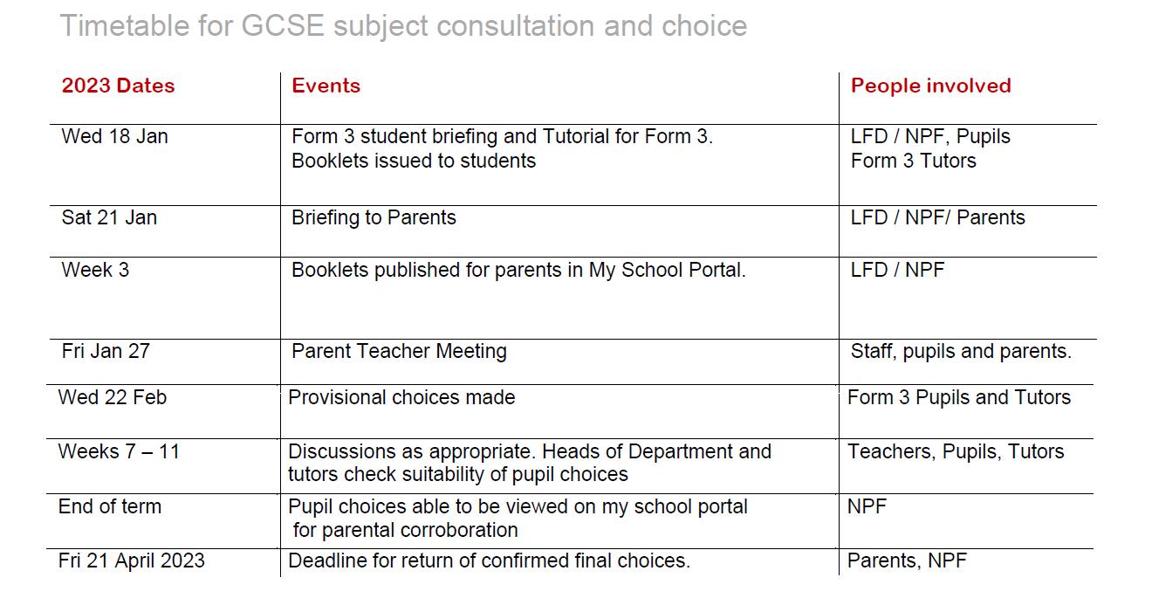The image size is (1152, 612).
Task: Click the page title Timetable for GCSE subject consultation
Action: [402, 26]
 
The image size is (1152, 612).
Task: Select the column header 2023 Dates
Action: [118, 86]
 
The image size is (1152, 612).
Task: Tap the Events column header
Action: [326, 86]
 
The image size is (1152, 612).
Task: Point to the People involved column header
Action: [930, 86]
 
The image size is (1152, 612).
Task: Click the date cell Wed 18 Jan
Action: [114, 137]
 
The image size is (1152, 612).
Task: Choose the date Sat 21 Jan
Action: [109, 217]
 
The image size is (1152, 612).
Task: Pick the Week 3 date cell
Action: [95, 270]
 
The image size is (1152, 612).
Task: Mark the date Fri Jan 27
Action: [106, 351]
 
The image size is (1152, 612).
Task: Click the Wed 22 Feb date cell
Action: [112, 397]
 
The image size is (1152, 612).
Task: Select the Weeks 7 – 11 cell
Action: [118, 451]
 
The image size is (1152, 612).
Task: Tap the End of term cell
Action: [109, 506]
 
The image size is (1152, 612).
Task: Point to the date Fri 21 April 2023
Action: [131, 560]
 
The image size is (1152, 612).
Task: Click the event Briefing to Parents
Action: [374, 217]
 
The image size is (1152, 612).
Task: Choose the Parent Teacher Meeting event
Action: [399, 351]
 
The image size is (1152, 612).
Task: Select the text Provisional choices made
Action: [401, 397]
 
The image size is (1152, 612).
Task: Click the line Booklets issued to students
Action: [414, 161]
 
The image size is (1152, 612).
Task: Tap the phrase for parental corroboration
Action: [405, 530]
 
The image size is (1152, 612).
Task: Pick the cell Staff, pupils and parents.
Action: [961, 351]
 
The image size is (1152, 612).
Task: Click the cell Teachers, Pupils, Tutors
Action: [956, 451]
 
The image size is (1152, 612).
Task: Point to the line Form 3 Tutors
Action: [913, 161]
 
